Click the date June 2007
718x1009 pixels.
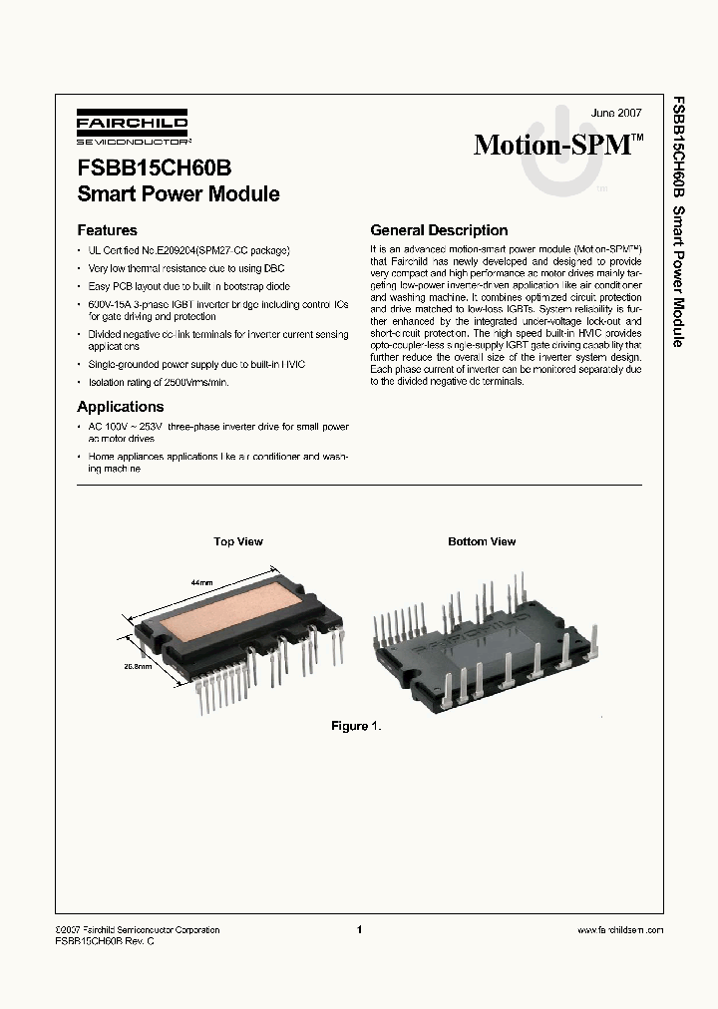[616, 114]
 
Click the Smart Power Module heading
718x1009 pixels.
[179, 194]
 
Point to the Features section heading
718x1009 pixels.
[107, 230]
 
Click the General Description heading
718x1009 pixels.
[439, 230]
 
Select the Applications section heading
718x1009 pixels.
[120, 407]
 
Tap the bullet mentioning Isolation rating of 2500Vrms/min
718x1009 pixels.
[158, 382]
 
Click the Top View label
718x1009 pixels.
[238, 541]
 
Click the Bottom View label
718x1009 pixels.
[482, 541]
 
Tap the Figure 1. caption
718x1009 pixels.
[356, 726]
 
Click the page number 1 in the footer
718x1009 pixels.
[358, 929]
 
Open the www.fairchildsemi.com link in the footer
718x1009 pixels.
[619, 929]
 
